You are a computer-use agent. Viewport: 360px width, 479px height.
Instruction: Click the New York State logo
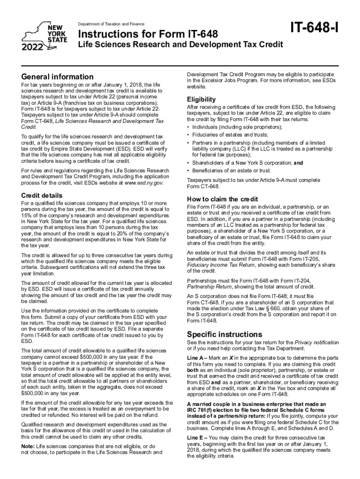coord(45,33)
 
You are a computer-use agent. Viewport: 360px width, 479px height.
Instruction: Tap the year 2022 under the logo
coord(33,47)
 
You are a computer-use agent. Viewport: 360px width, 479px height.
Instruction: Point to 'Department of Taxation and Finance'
coord(111,24)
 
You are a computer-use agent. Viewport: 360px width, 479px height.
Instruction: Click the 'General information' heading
coord(58,76)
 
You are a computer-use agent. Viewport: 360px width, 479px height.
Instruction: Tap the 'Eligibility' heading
coord(201,99)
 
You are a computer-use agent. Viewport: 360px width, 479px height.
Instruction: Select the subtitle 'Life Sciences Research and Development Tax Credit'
coord(180,45)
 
